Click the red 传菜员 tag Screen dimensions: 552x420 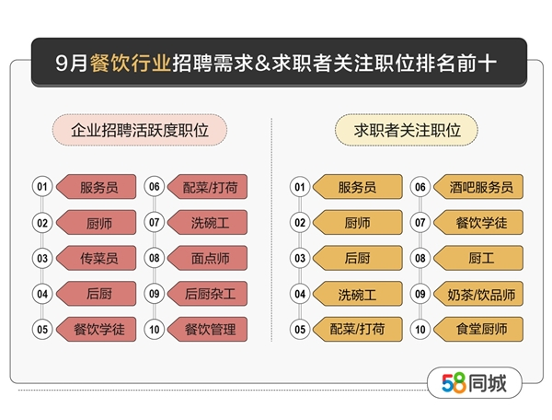click(x=97, y=258)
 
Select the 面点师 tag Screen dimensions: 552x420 click(x=208, y=258)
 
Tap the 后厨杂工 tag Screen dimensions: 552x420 click(x=208, y=294)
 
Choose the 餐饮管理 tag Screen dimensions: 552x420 click(x=208, y=330)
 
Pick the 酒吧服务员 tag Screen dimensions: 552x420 click(x=478, y=187)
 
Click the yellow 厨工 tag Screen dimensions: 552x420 click(x=478, y=258)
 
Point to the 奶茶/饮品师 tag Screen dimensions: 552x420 click(x=478, y=294)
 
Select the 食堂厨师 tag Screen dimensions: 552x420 click(x=478, y=330)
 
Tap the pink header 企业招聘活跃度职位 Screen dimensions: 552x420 click(x=140, y=130)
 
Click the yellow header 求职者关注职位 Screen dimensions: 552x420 click(x=407, y=130)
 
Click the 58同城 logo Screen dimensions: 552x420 click(x=474, y=383)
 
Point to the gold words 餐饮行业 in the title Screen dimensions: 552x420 click(x=131, y=63)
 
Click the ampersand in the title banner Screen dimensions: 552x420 click(x=262, y=64)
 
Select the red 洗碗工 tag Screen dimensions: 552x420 click(x=208, y=222)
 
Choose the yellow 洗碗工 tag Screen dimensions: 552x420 click(x=358, y=294)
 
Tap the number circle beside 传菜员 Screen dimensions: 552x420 click(x=42, y=258)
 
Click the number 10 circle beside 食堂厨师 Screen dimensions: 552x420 click(x=420, y=330)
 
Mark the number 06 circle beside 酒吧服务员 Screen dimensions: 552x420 click(x=420, y=187)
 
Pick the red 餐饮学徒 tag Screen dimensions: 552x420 click(x=97, y=330)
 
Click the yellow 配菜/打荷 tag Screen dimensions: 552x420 click(x=358, y=330)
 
